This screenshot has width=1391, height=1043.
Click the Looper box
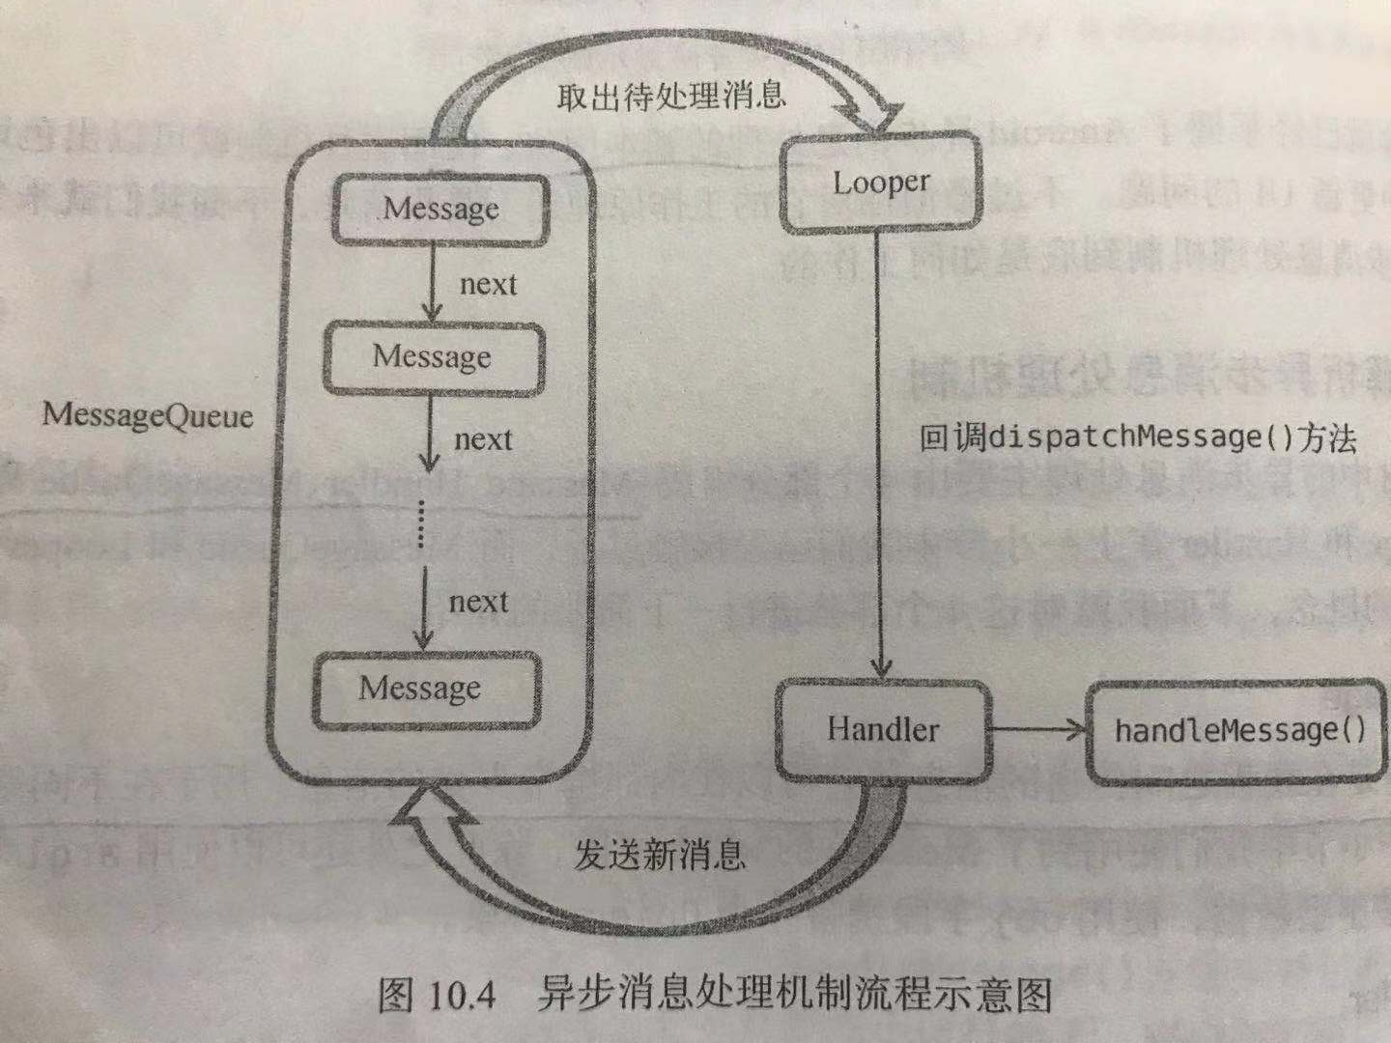click(880, 183)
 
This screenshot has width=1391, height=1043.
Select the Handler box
click(883, 729)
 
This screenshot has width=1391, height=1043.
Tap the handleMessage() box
click(1239, 730)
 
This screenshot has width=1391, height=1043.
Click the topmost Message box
click(440, 210)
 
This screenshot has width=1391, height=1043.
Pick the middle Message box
click(432, 357)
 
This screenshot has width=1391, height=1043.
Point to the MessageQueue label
click(147, 416)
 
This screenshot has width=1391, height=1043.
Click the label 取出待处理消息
click(670, 96)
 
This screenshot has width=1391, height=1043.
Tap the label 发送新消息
click(661, 854)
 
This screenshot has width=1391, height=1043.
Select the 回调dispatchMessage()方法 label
click(1137, 437)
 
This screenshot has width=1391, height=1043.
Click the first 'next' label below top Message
click(488, 285)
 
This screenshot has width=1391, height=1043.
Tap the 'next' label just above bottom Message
click(478, 603)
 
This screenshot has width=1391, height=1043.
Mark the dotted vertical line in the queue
click(421, 522)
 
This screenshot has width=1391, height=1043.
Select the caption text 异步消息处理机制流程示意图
click(794, 994)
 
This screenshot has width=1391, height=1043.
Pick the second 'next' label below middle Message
click(483, 439)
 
